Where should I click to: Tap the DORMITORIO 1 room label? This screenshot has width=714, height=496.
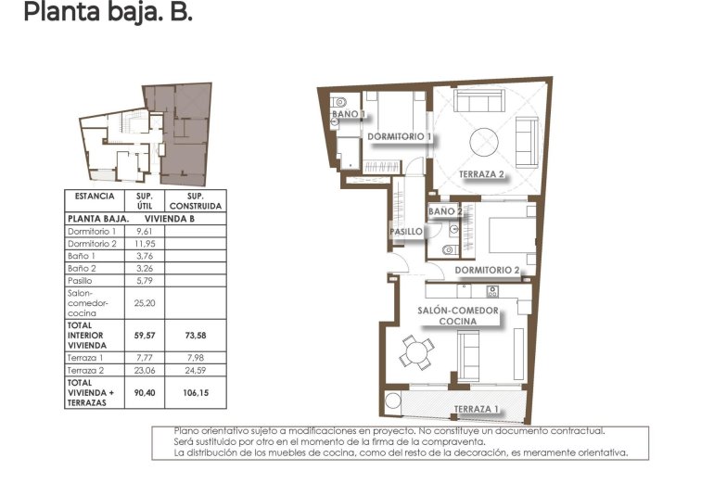pos(401,137)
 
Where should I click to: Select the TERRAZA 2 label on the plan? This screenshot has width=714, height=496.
pos(481,174)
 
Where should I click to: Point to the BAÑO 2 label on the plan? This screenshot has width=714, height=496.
pos(445,211)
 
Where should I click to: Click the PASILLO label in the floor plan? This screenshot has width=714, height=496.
pos(406,232)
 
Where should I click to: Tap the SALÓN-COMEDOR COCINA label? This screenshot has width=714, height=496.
pos(458,316)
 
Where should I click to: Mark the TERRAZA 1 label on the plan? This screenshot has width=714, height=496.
pos(477,409)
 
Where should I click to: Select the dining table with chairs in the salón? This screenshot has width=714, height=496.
pos(416,350)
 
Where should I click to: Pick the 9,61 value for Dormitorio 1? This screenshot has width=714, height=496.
pos(144,231)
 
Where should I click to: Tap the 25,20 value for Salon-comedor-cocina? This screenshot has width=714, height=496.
pos(144,301)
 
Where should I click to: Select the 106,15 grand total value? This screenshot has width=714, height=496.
pos(195,391)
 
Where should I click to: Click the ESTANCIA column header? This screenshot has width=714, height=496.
pos(95,197)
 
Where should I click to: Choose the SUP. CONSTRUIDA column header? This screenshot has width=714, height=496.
pos(195,201)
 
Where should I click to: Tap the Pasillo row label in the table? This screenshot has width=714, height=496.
pos(83,279)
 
